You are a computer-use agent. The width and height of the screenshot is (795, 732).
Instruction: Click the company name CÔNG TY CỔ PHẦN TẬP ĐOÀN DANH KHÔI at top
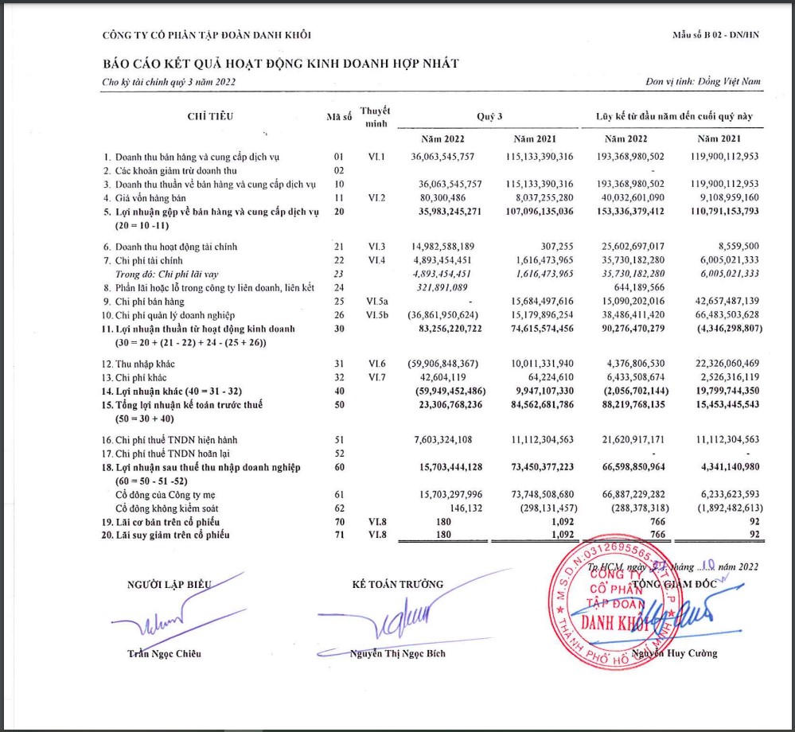tap(207, 34)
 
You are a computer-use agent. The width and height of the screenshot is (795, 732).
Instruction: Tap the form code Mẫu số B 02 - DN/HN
tap(716, 35)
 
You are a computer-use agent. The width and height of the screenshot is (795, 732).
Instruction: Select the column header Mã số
tap(339, 116)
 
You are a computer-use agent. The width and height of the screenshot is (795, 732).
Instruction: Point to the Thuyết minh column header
tap(374, 116)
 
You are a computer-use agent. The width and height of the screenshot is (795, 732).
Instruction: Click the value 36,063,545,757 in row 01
tap(450, 157)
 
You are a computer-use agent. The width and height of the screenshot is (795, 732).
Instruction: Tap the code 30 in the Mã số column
tap(339, 329)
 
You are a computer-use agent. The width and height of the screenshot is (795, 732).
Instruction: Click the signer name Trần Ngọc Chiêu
tap(165, 653)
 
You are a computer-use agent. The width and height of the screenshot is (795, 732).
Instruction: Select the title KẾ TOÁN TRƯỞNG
tap(397, 585)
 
